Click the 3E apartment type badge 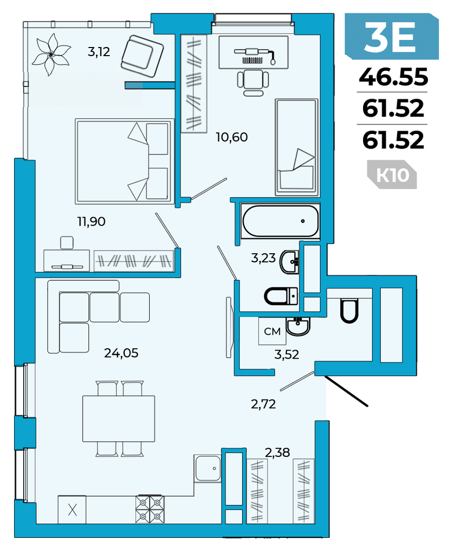(392, 36)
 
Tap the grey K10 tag (392, 174)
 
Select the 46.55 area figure (393, 77)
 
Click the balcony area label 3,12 (99, 52)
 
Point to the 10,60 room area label (232, 137)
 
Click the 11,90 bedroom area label (91, 221)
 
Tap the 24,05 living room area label (121, 353)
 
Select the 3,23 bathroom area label (263, 258)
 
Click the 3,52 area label (286, 354)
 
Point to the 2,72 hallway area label (263, 404)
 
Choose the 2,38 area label (277, 452)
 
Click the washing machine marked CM (272, 331)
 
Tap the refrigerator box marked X (72, 510)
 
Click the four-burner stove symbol (150, 509)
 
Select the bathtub (281, 221)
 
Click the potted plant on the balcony (51, 55)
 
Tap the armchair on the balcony (142, 56)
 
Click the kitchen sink (208, 468)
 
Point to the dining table (119, 419)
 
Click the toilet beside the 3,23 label (281, 296)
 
